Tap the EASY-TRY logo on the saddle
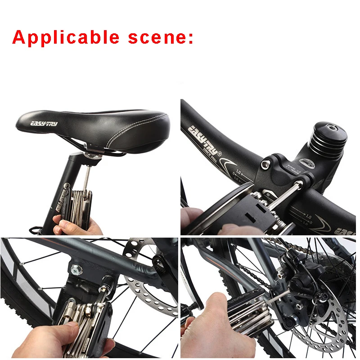point(44,123)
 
